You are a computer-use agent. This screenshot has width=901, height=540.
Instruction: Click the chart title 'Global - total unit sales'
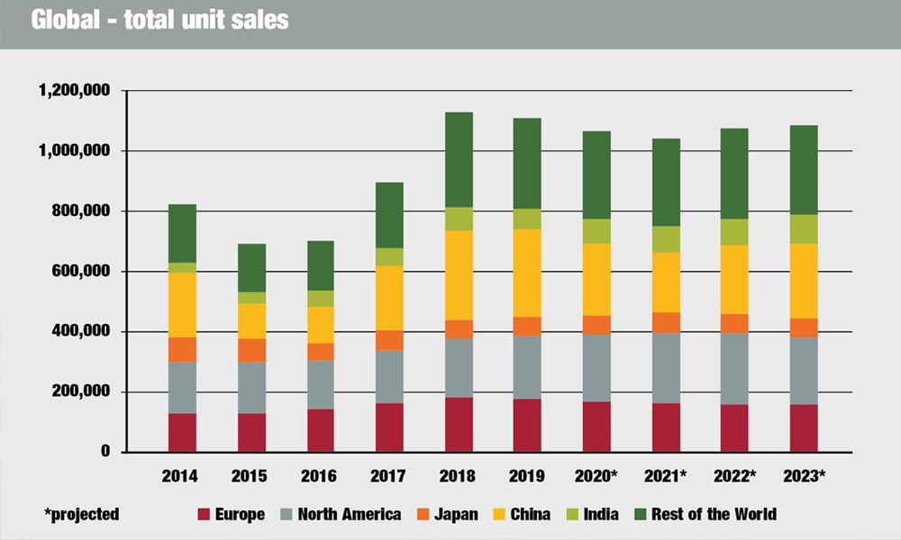160,19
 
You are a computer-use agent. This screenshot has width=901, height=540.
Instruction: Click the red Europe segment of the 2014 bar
182,432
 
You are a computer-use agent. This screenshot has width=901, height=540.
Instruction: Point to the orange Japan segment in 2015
251,350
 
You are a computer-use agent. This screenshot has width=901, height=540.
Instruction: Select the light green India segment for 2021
667,239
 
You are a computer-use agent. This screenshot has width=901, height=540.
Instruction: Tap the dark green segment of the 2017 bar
390,215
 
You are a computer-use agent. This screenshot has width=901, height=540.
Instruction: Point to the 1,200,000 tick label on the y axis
74,91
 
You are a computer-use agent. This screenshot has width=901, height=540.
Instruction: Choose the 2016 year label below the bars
321,474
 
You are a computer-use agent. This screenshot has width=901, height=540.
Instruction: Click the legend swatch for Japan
421,515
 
